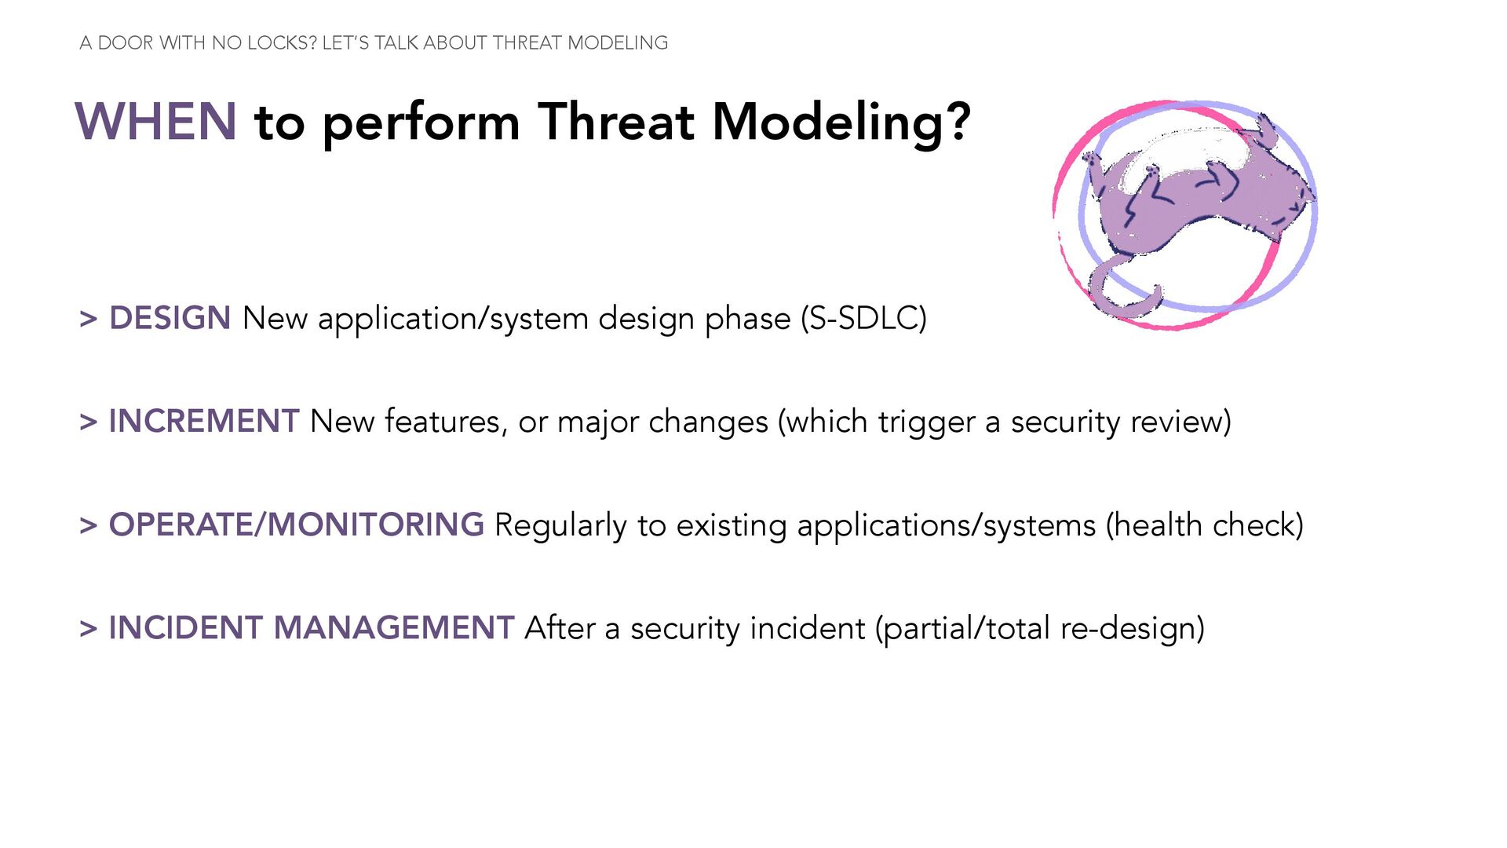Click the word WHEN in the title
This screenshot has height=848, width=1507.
[155, 122]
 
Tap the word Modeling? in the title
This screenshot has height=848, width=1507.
[841, 124]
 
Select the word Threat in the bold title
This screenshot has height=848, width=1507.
[616, 122]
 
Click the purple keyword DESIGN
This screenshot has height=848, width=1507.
[170, 318]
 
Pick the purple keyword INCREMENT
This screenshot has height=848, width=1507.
[204, 422]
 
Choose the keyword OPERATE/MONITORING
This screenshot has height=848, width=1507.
[297, 525]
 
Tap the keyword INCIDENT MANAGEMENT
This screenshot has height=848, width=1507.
[312, 628]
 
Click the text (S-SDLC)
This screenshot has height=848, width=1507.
[863, 319]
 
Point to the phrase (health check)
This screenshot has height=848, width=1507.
[1205, 525]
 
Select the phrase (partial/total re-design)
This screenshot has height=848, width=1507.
[1040, 629]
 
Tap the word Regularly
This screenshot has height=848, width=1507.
[560, 526]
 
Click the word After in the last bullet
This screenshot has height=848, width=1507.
[560, 628]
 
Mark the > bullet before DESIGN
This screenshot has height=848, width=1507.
[89, 319]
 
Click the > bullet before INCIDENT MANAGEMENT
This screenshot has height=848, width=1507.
[89, 629]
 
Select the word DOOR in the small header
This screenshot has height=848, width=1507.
[126, 43]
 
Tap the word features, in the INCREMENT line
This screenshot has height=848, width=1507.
[446, 422]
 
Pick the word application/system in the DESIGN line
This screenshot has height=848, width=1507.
[453, 320]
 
